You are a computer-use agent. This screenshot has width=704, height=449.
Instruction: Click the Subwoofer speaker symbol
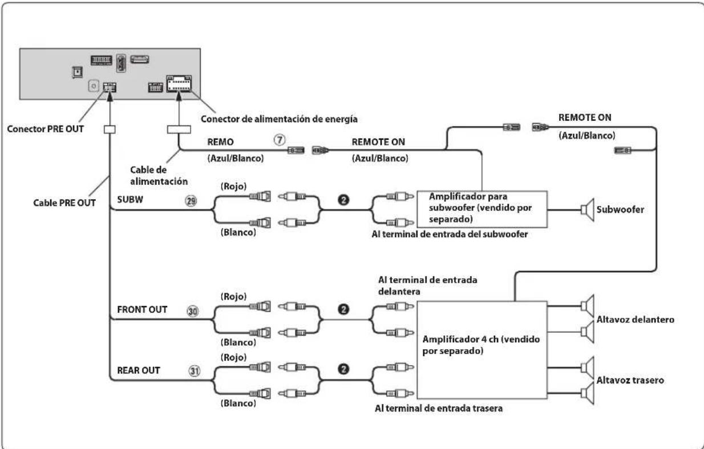pyautogui.click(x=588, y=209)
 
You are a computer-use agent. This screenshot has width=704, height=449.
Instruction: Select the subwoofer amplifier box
pyautogui.click(x=482, y=209)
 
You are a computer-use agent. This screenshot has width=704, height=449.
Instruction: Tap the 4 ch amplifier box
pyautogui.click(x=482, y=350)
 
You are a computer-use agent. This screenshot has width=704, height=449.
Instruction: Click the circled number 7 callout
pyautogui.click(x=280, y=140)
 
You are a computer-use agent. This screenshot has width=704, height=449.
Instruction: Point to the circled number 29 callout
pyautogui.click(x=191, y=201)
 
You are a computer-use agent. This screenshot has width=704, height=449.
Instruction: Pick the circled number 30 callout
pyautogui.click(x=193, y=311)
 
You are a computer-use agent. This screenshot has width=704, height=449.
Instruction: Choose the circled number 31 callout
pyautogui.click(x=194, y=371)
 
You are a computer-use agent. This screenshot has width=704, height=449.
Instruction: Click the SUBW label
pyautogui.click(x=130, y=200)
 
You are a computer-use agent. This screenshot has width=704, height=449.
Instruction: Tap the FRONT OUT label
pyautogui.click(x=142, y=309)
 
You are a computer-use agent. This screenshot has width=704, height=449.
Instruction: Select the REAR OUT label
pyautogui.click(x=139, y=370)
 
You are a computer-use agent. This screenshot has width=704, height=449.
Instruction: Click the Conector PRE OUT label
pyautogui.click(x=45, y=129)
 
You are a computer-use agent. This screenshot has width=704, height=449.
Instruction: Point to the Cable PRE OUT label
pyautogui.click(x=64, y=203)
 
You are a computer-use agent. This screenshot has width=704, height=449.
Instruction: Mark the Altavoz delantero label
pyautogui.click(x=636, y=319)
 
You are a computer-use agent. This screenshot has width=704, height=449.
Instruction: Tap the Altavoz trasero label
pyautogui.click(x=630, y=380)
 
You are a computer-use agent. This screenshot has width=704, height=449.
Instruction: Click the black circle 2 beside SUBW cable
pyautogui.click(x=343, y=200)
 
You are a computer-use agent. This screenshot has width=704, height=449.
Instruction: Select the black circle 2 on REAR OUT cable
pyautogui.click(x=343, y=369)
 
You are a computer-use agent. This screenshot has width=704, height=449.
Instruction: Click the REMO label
pyautogui.click(x=220, y=142)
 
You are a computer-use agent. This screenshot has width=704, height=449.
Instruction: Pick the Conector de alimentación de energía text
pyautogui.click(x=279, y=119)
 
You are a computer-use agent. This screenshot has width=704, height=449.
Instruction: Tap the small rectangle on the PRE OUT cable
pyautogui.click(x=110, y=130)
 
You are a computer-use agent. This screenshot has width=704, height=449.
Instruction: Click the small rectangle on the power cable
pyautogui.click(x=179, y=130)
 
